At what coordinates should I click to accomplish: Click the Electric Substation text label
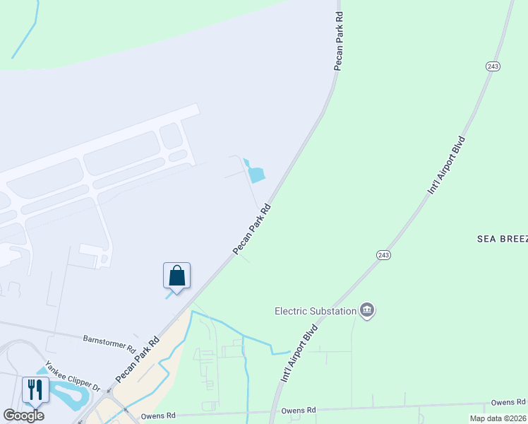pos(315,310)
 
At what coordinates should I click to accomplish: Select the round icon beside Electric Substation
pos(366,310)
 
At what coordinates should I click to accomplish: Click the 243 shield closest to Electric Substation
pos(383,254)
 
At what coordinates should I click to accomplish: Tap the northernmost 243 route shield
pos(493,66)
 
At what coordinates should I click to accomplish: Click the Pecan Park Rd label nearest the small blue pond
pos(252,230)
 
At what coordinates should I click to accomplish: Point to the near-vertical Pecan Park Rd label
pos(339,41)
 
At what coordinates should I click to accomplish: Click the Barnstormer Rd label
pos(109,343)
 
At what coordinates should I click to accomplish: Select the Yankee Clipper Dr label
pos(73,377)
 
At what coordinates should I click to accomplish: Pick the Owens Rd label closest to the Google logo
pos(157,416)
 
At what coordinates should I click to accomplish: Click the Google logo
pos(23,416)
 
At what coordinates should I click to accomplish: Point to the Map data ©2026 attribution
pos(498,418)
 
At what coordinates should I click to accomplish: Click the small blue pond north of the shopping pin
pos(256,172)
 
